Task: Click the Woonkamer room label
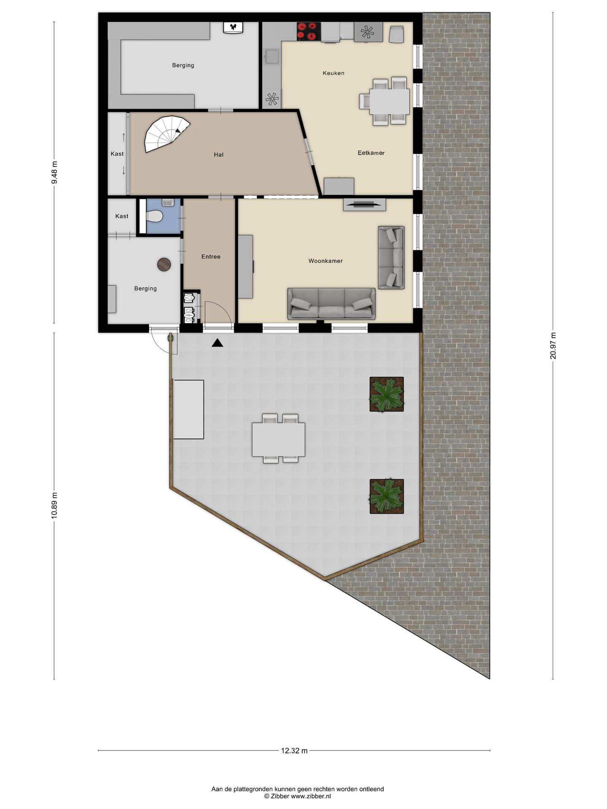(325, 261)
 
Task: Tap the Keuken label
(333, 73)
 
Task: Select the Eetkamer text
(371, 153)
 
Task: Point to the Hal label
(218, 155)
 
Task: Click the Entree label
(211, 257)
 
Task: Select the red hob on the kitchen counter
(308, 31)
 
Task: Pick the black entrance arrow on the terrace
(217, 343)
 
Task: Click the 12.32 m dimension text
(294, 750)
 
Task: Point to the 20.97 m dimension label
(553, 346)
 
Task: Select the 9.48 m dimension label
(54, 173)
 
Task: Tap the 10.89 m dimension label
(54, 506)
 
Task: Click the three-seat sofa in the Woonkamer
(331, 304)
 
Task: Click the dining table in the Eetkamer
(389, 102)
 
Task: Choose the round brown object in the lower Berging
(164, 265)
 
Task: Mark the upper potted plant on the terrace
(387, 394)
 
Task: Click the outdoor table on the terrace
(278, 439)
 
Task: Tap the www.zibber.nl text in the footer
(311, 796)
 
